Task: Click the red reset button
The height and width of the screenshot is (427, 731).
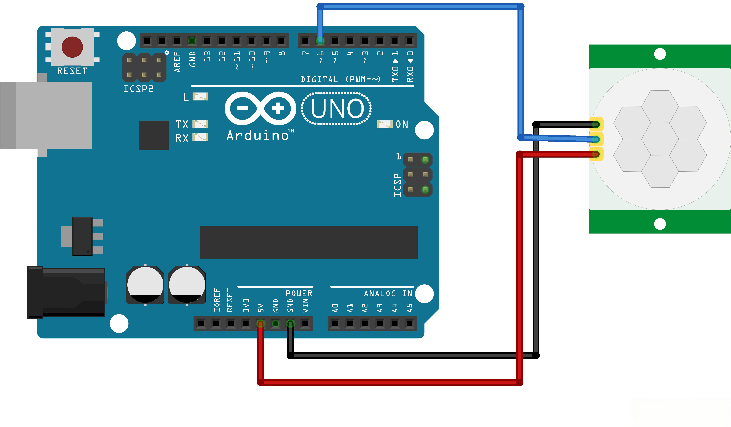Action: tap(72, 47)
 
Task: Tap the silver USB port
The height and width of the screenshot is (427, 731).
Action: tap(46, 115)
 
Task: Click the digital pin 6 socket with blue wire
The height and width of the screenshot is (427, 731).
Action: tap(320, 41)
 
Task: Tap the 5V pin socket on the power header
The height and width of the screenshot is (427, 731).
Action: tap(261, 323)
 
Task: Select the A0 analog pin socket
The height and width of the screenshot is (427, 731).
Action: tap(335, 323)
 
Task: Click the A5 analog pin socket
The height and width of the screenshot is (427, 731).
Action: tap(409, 323)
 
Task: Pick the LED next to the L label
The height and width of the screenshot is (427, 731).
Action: tap(200, 96)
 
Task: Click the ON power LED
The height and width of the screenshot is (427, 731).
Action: tap(385, 124)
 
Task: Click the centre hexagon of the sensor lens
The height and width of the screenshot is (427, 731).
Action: tap(660, 139)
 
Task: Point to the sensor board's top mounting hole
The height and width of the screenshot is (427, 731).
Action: tap(660, 54)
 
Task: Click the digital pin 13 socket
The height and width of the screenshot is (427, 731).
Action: tap(207, 41)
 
